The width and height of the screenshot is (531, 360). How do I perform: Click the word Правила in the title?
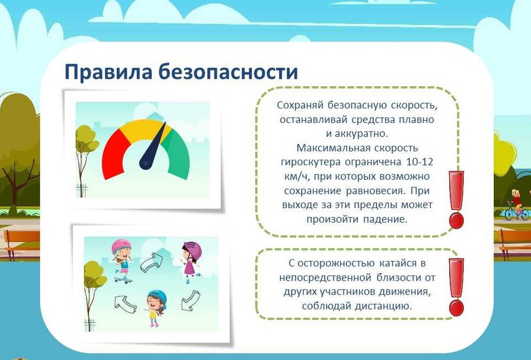tap(108, 72)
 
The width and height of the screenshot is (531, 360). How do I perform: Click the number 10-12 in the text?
tap(419, 162)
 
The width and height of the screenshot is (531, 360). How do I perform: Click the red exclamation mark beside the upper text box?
tap(456, 200)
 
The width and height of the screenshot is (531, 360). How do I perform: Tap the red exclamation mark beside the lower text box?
tap(456, 287)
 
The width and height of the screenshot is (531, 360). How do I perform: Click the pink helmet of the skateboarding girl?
tap(120, 246)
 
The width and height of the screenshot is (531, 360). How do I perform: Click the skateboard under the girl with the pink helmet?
tap(123, 280)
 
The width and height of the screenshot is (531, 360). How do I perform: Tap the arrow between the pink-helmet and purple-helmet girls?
tap(152, 262)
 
